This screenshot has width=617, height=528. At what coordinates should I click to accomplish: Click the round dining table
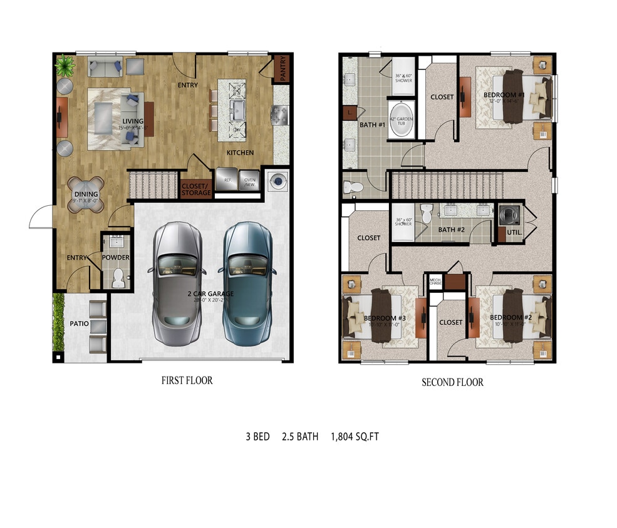click(x=86, y=194)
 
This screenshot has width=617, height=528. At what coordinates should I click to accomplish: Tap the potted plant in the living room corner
click(x=64, y=64)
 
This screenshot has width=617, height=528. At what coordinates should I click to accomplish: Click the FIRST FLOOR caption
click(x=187, y=380)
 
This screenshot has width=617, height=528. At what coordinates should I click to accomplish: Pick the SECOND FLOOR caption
click(x=452, y=382)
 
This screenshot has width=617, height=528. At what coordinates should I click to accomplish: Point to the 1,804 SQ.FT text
click(x=355, y=437)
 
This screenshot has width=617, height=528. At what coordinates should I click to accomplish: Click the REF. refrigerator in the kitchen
click(x=227, y=180)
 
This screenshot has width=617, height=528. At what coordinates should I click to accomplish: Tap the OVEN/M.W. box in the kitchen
click(x=250, y=180)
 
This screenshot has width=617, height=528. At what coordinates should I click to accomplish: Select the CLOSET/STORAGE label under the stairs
click(x=197, y=188)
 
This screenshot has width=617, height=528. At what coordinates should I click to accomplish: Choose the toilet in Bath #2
click(x=426, y=215)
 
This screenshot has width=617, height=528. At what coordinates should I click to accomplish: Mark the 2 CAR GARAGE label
click(x=210, y=293)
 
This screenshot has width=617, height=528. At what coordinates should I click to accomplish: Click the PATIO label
click(x=79, y=324)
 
